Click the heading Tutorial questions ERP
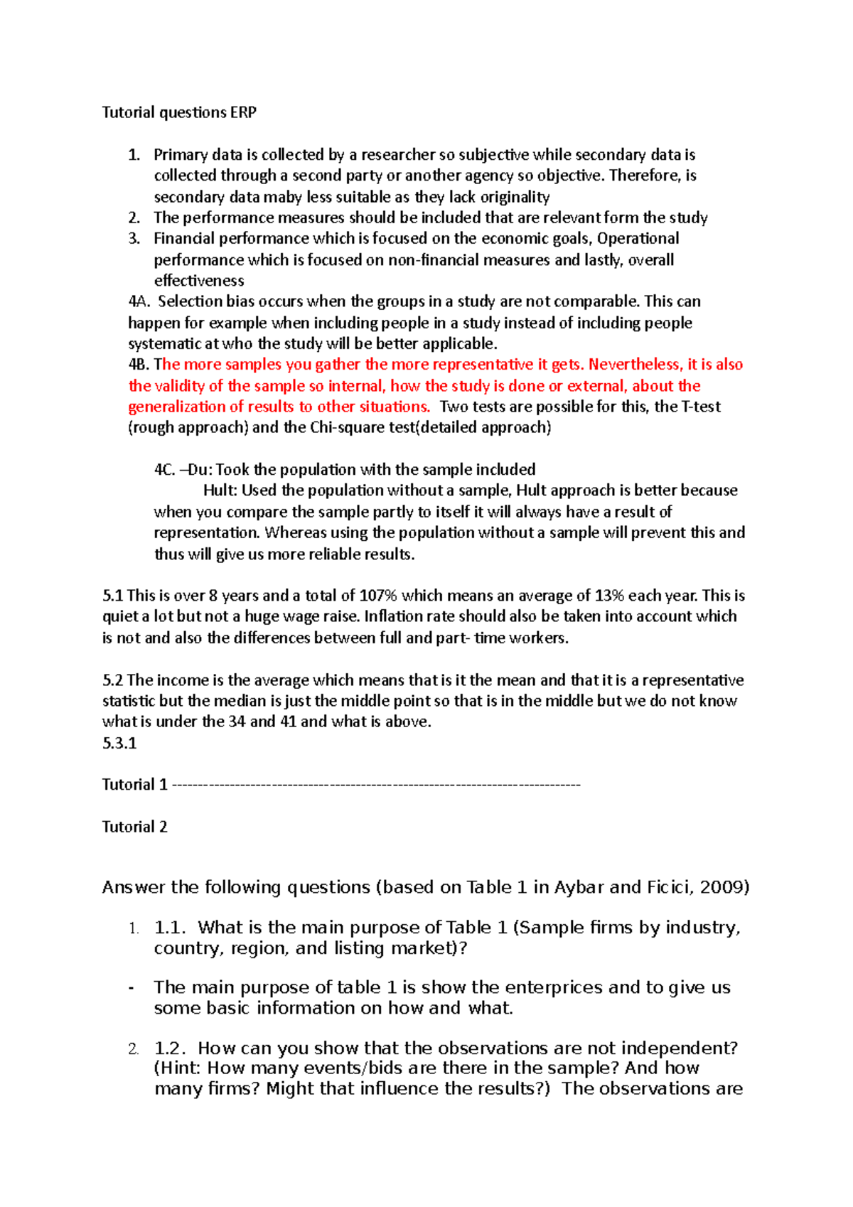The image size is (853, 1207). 179,112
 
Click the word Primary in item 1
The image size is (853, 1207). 178,155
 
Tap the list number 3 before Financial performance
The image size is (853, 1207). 134,239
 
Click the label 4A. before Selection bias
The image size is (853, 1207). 139,301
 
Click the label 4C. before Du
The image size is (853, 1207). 164,470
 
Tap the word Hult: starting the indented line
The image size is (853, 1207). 220,490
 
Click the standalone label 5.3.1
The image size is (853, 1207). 119,744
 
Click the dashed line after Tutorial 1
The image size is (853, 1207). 376,785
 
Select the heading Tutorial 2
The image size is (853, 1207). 134,827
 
